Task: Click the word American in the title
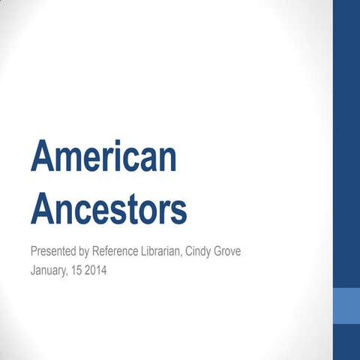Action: pyautogui.click(x=104, y=157)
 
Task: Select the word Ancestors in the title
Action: pyautogui.click(x=109, y=209)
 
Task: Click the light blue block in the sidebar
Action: pyautogui.click(x=346, y=305)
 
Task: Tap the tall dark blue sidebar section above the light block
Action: pyautogui.click(x=346, y=142)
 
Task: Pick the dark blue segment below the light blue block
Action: pyautogui.click(x=346, y=342)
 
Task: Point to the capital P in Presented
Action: pyautogui.click(x=34, y=250)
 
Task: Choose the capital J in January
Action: pyautogui.click(x=33, y=269)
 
